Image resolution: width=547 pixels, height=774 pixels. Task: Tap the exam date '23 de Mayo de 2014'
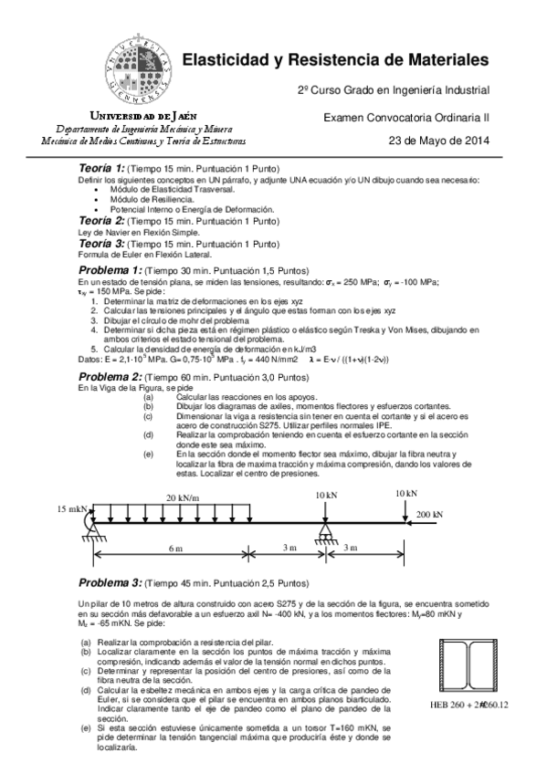(x=439, y=141)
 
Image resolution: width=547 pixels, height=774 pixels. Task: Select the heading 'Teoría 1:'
(x=100, y=169)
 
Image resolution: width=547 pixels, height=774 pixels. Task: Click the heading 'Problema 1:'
(x=110, y=272)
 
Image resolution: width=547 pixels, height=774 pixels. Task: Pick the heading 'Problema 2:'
(x=110, y=376)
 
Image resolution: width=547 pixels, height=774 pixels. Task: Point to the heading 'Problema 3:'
(x=110, y=581)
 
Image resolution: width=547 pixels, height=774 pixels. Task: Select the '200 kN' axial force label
(x=429, y=515)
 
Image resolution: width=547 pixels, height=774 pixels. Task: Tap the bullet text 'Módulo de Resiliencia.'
(x=153, y=198)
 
